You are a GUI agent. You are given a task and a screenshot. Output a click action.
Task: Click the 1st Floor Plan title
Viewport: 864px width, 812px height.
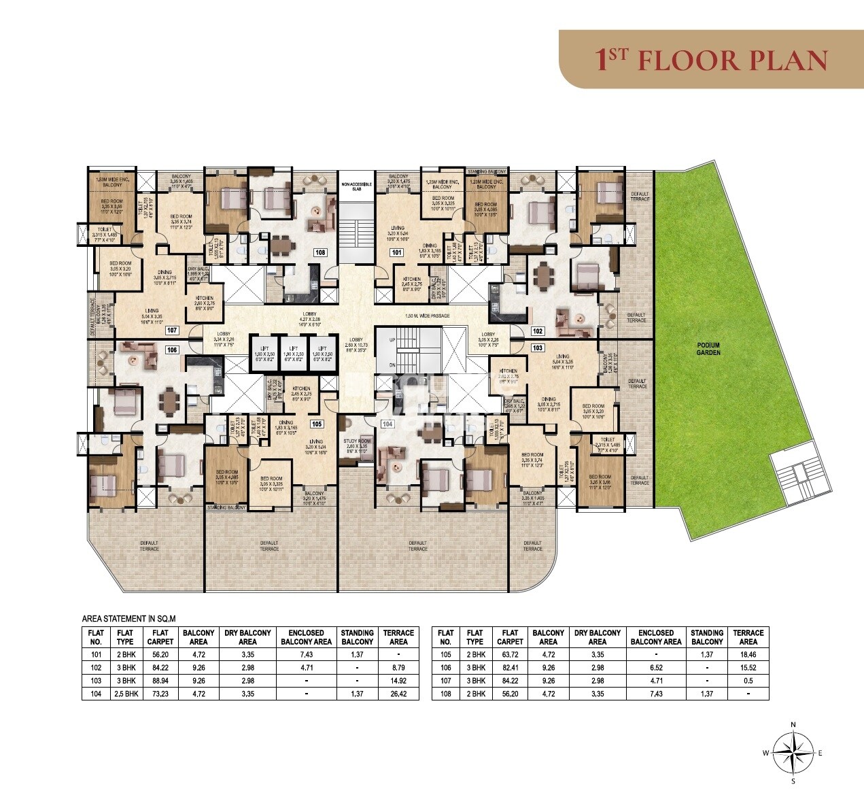point(711,60)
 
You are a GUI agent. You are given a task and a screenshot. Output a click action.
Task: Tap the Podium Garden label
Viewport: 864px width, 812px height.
point(708,349)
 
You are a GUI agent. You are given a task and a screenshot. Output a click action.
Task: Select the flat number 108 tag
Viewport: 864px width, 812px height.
point(319,252)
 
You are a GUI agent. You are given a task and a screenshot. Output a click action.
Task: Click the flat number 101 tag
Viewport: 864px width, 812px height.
point(396,252)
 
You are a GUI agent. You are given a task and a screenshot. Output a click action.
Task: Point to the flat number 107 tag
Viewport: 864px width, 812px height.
point(172,331)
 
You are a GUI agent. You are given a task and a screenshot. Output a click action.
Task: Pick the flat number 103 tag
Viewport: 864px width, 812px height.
point(538,348)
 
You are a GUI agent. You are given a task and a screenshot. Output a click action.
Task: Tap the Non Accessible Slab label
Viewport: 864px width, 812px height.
point(358,187)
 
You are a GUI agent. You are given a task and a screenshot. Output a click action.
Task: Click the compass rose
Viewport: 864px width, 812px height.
point(793,752)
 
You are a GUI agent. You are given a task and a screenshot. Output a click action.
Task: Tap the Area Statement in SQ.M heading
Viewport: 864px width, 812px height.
point(129,619)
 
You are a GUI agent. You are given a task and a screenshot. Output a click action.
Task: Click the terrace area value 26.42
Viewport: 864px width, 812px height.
point(398,694)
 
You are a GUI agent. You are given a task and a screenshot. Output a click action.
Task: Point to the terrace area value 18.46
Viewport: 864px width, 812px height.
point(748,655)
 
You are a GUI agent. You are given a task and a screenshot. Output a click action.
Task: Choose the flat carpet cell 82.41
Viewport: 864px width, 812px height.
point(510,668)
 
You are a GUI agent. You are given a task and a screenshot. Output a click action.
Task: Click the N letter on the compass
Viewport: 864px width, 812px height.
point(793,724)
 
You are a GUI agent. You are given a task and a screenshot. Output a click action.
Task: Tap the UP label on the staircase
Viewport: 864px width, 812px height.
point(392,339)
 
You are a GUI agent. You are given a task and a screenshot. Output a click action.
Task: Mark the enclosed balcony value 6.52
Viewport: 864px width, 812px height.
point(656,668)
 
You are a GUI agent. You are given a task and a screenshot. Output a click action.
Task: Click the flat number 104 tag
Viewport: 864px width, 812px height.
point(387,424)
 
